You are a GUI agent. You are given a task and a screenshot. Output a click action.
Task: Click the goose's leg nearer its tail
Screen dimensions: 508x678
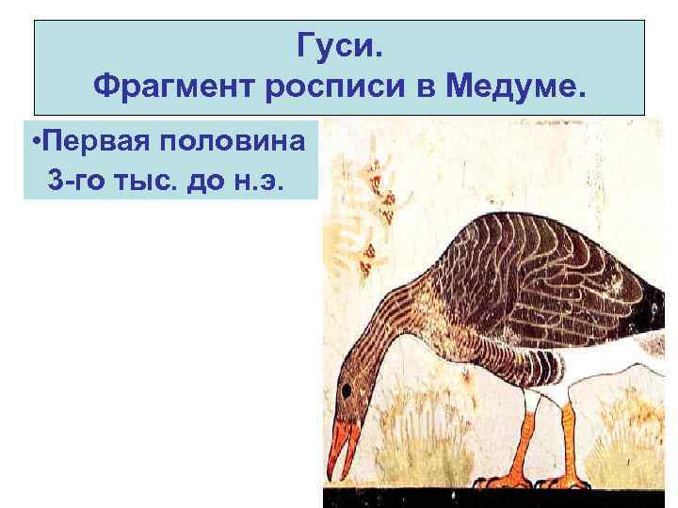coord(569,442)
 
